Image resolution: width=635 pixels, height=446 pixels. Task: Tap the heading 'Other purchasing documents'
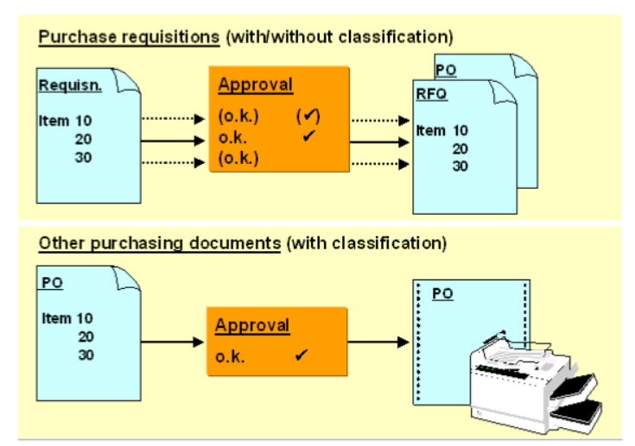coord(160,243)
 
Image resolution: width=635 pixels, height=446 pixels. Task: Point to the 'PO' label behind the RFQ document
coord(446,68)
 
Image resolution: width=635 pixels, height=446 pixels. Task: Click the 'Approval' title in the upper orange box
coord(255,85)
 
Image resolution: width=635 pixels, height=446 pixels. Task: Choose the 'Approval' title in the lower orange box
coord(252,326)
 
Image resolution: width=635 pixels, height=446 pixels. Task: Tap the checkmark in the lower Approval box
coord(302,355)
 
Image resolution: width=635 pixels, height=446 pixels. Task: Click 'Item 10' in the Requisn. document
coord(65,122)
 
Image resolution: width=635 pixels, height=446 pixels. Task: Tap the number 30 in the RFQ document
coord(459,166)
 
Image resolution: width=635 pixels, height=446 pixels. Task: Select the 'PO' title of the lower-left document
coord(51,283)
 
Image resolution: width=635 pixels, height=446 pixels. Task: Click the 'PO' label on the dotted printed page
coord(442,294)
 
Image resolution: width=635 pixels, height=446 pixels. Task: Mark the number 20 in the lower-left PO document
coord(86,336)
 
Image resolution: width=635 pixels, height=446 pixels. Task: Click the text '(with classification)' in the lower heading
coord(366,243)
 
